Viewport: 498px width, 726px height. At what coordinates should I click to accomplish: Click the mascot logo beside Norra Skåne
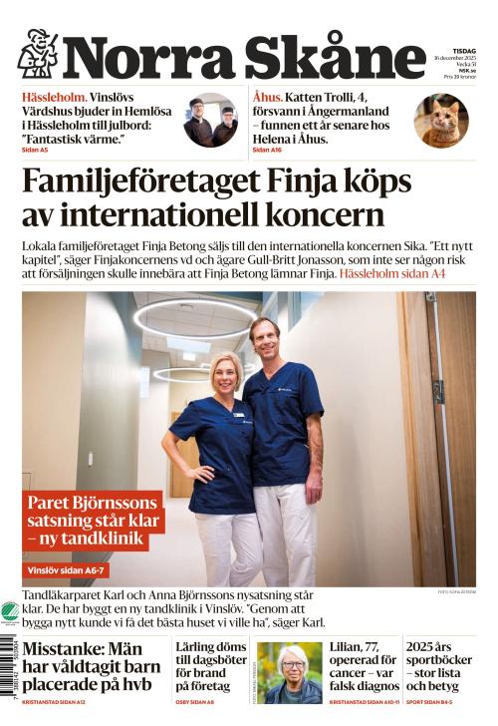coord(38,54)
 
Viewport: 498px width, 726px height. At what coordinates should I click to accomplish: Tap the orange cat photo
coord(441,122)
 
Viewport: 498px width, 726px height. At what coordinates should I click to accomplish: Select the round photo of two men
coord(211,122)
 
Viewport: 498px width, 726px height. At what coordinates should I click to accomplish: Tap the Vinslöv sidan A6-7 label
coord(66,570)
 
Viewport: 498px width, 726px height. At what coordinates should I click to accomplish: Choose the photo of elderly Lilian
coord(290,674)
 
